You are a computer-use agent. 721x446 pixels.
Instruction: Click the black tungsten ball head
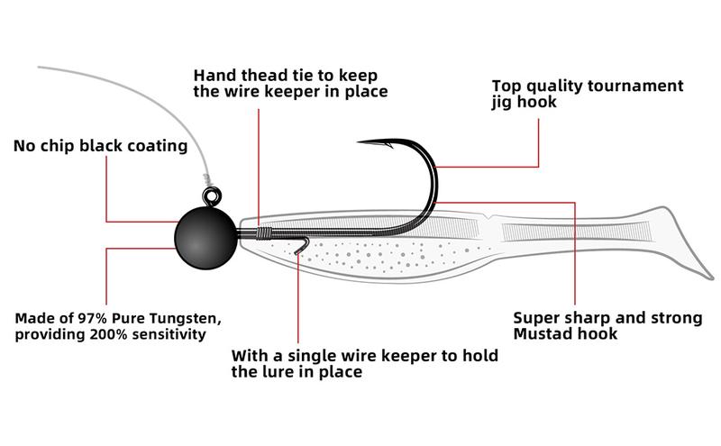205,236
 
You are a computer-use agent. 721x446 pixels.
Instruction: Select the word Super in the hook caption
536,317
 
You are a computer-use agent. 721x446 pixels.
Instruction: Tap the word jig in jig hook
502,103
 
